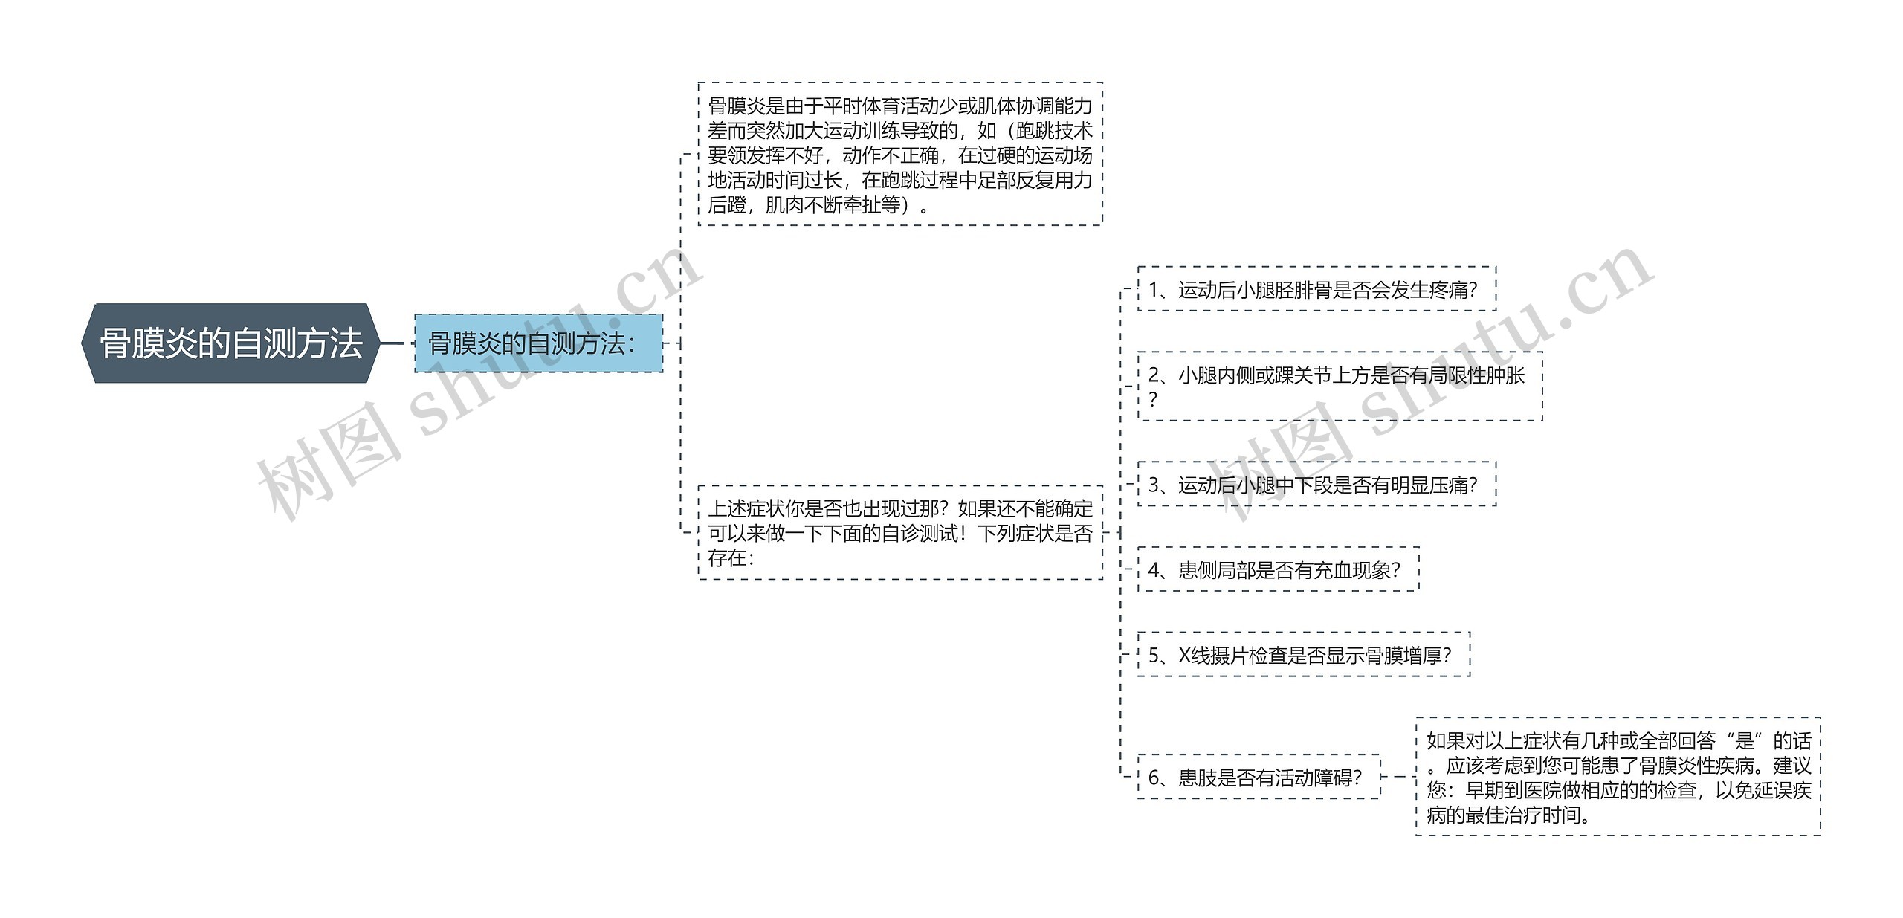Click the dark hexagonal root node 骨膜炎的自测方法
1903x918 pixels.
pos(230,343)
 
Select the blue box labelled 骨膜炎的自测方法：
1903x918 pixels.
pos(538,343)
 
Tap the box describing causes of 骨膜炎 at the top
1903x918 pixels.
pos(899,154)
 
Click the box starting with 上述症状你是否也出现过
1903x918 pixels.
pos(899,532)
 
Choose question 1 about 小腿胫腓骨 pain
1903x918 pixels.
pos(1316,289)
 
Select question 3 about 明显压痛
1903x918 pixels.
pos(1316,485)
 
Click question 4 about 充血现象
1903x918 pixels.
pos(1277,570)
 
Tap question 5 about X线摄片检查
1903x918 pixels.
pos(1303,655)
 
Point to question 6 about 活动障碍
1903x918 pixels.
pos(1258,778)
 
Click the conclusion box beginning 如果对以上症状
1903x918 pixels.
pos(1618,777)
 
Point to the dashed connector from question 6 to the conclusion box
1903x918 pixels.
pos(1398,777)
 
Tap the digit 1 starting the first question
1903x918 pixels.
pos(1154,290)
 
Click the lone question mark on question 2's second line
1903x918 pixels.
pos(1153,400)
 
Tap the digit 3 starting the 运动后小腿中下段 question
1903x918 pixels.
pos(1154,485)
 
